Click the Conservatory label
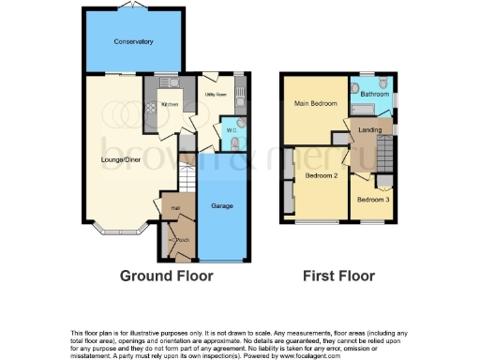click(x=133, y=42)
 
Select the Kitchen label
click(x=170, y=104)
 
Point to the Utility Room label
click(x=217, y=94)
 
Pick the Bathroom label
click(x=376, y=94)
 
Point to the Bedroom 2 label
click(x=322, y=176)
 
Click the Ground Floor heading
click(x=166, y=276)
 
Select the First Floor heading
click(x=338, y=276)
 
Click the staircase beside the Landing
click(x=383, y=150)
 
